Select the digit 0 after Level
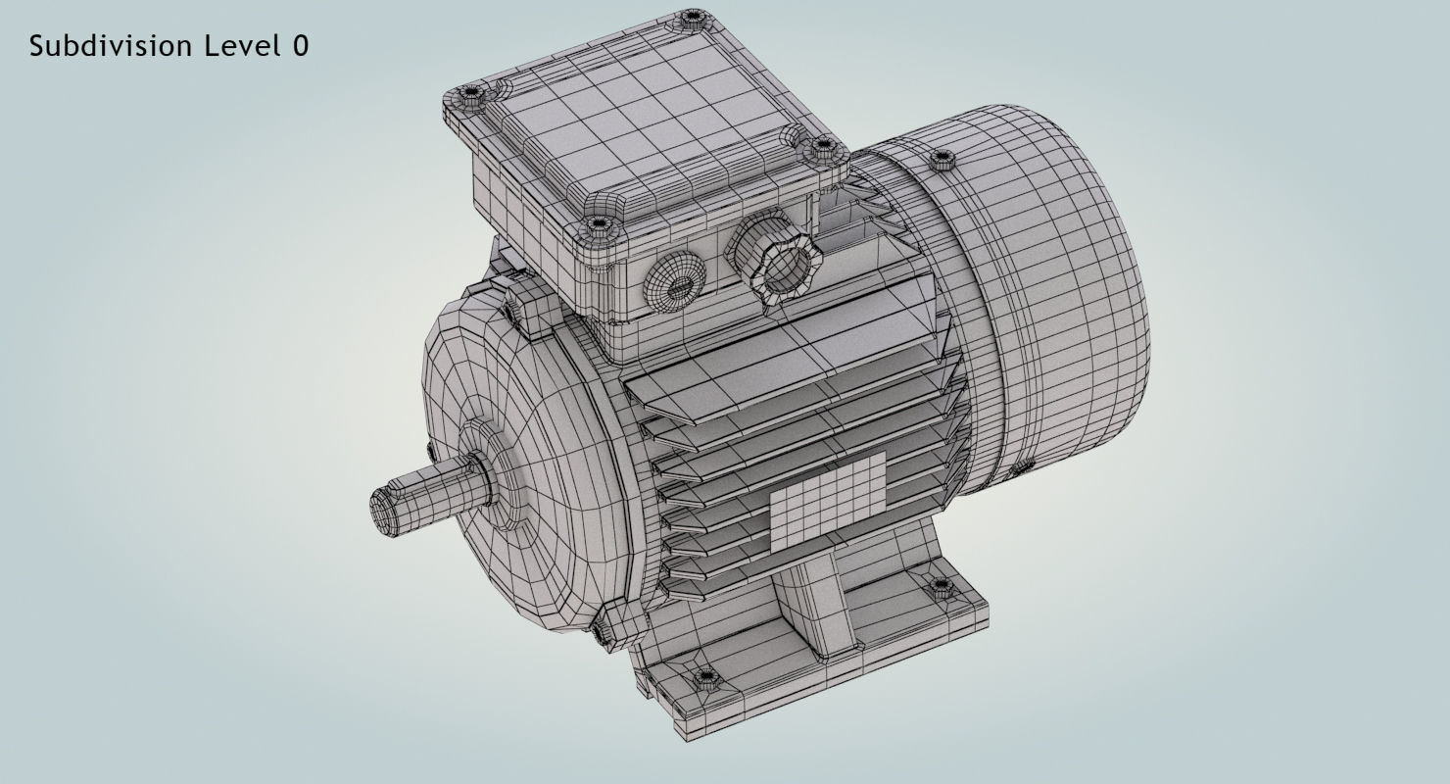pos(300,46)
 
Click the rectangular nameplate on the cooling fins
pos(828,500)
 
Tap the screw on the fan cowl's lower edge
pos(1019,468)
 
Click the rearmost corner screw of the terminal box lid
pos(693,17)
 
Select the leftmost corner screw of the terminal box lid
pos(471,94)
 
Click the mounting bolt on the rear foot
pos(941,587)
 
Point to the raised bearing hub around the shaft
pos(490,474)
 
